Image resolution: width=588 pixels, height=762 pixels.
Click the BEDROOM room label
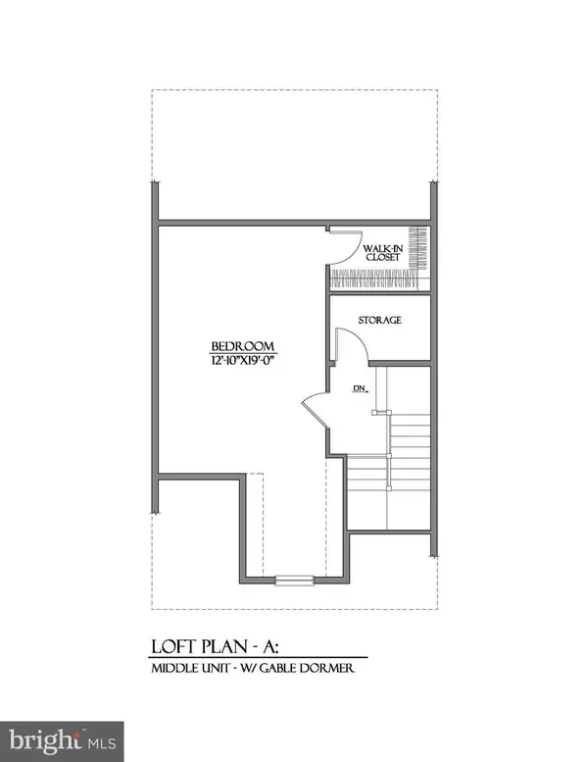(243, 346)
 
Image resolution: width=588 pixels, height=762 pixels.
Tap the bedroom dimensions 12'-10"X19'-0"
(243, 360)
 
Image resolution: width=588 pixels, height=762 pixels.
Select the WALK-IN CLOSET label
(383, 253)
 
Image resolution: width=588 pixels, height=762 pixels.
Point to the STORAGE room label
(379, 320)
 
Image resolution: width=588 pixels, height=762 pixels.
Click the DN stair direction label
(360, 388)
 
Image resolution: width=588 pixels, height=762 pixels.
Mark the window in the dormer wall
(294, 580)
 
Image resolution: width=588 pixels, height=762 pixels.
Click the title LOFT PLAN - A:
(216, 647)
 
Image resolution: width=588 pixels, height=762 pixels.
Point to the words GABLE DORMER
(307, 668)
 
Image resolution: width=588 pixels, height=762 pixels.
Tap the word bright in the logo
(45, 741)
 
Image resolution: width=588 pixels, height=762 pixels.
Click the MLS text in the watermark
(102, 743)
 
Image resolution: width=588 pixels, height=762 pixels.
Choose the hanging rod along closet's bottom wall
(374, 280)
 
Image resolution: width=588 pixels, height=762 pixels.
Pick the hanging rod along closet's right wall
(418, 248)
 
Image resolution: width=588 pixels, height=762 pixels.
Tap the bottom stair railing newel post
(389, 487)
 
